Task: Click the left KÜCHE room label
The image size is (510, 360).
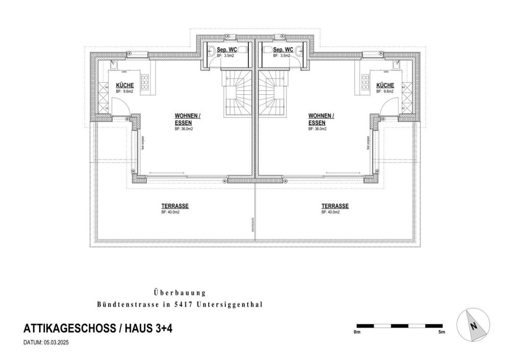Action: click(x=125, y=86)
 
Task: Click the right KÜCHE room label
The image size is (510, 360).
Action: click(x=385, y=86)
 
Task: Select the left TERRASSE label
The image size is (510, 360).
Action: click(x=175, y=206)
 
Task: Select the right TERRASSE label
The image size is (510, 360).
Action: click(x=335, y=206)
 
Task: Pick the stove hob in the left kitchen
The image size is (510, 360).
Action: click(x=145, y=81)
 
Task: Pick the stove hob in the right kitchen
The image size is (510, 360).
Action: click(x=365, y=81)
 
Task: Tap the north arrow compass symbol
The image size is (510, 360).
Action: click(x=473, y=326)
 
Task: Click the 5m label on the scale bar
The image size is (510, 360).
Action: click(x=442, y=332)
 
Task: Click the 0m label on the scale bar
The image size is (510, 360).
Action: click(x=356, y=332)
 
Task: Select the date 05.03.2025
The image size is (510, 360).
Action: click(x=56, y=343)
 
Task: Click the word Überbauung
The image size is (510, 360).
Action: click(x=179, y=293)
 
